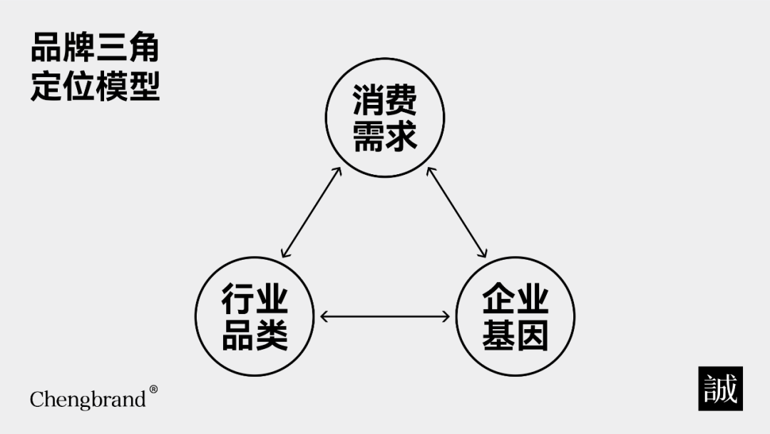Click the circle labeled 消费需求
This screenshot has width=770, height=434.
click(x=385, y=118)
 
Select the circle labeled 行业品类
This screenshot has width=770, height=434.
click(x=255, y=316)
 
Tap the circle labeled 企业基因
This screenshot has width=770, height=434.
click(x=515, y=316)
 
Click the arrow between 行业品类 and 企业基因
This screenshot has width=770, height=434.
click(x=385, y=316)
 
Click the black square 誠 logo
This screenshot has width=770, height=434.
click(x=720, y=388)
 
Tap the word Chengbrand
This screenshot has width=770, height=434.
click(x=88, y=399)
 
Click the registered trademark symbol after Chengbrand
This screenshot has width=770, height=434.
click(x=153, y=390)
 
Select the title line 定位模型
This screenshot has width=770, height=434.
click(x=95, y=86)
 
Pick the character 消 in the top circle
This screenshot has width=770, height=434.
click(x=369, y=102)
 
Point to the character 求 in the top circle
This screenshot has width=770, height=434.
click(x=401, y=136)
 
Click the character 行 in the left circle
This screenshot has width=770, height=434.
click(x=238, y=300)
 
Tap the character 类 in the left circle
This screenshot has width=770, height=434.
click(x=271, y=334)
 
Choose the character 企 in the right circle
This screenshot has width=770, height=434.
click(x=498, y=300)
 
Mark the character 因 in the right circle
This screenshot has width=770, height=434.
click(x=531, y=334)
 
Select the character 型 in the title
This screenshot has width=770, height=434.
click(x=143, y=86)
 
